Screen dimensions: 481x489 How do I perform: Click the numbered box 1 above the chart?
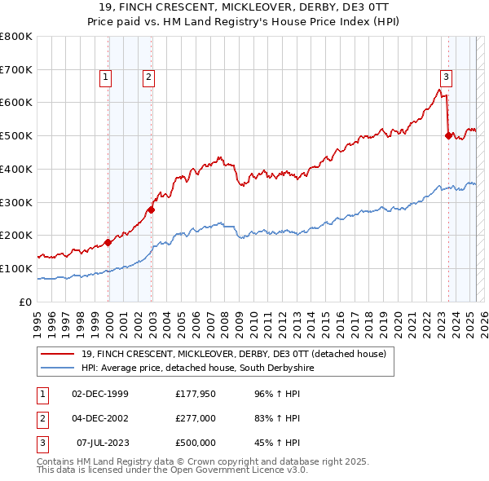click(106, 77)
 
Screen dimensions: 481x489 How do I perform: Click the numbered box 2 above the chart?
click(149, 77)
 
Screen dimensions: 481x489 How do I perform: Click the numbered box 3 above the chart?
click(446, 77)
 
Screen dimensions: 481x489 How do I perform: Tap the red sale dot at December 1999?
click(108, 242)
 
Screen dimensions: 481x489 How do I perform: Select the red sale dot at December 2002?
click(152, 210)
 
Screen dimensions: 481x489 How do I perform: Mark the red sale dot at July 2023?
click(448, 135)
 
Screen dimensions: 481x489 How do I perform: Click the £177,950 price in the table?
click(195, 395)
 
